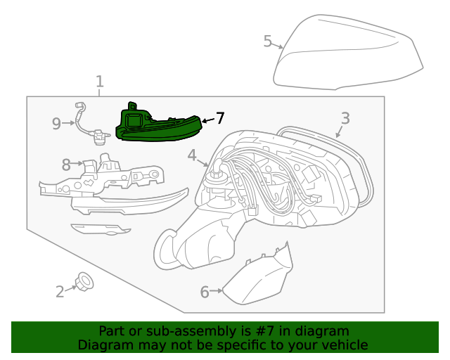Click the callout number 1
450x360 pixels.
coord(99,81)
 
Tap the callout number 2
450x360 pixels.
coord(60,291)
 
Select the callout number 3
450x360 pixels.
coord(345,118)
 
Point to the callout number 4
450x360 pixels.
coord(192,155)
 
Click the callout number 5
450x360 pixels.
coord(267,41)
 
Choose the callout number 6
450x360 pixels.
coord(205,291)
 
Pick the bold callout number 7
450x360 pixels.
coord(220,118)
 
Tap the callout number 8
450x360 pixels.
coord(66,165)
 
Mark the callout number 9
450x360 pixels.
coord(56,124)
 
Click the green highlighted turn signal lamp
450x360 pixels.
coord(158,127)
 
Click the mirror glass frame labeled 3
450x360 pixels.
coord(359,169)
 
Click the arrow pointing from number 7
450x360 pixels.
coord(207,120)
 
